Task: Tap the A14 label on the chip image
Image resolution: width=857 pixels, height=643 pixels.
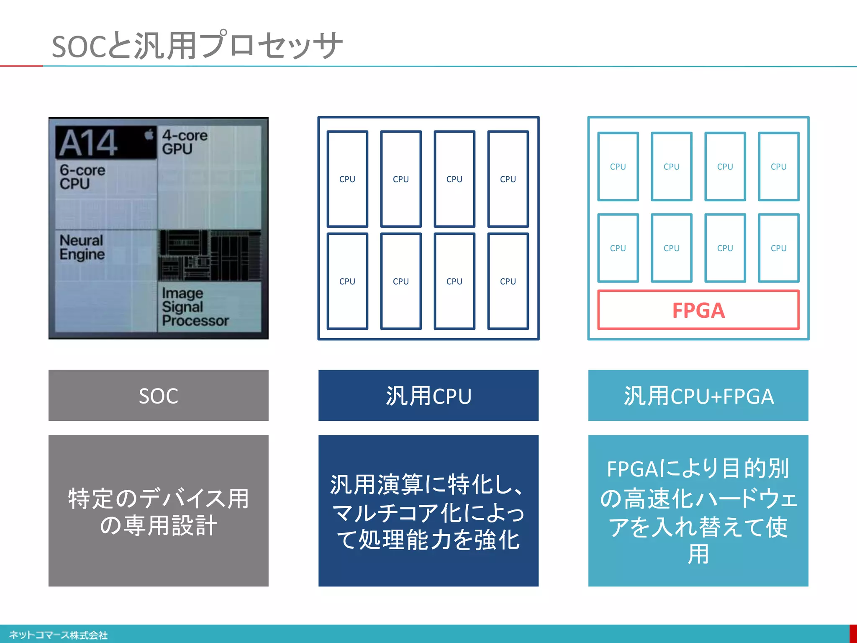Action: click(89, 143)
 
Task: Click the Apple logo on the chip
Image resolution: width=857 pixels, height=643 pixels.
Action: click(149, 135)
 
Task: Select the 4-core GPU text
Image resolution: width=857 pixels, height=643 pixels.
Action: click(185, 142)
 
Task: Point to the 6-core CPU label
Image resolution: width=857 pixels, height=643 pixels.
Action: click(82, 177)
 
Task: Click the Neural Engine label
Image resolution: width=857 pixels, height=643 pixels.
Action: click(82, 247)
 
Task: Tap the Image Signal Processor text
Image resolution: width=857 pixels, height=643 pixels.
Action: click(195, 307)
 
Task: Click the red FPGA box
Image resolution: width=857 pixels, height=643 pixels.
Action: click(698, 310)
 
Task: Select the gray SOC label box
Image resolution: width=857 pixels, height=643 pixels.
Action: click(158, 395)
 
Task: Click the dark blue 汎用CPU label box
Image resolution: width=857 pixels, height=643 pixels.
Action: click(428, 395)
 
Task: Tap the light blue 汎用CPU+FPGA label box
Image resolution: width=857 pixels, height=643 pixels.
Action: click(698, 395)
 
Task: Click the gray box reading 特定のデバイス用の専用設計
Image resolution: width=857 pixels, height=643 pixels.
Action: click(158, 510)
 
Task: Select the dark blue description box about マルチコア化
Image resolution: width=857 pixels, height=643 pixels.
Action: click(428, 510)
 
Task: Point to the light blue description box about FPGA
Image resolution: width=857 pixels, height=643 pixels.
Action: click(698, 510)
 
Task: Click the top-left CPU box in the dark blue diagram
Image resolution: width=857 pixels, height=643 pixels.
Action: click(347, 179)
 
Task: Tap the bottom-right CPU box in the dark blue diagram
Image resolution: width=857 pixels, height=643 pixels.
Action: click(508, 281)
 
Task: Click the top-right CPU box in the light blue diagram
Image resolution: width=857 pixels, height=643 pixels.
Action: click(778, 167)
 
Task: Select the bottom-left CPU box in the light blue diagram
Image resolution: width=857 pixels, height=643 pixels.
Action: click(618, 248)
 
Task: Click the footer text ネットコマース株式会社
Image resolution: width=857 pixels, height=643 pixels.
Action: click(58, 635)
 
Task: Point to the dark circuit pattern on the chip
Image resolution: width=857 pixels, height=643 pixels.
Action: click(209, 255)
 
